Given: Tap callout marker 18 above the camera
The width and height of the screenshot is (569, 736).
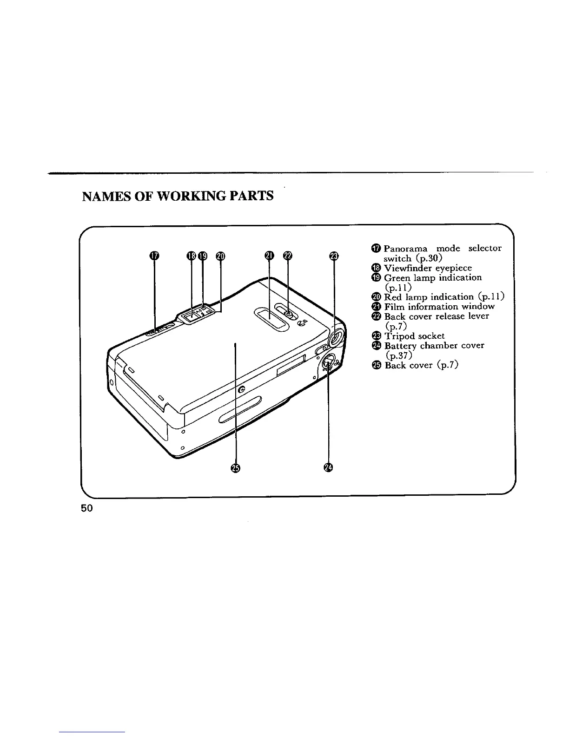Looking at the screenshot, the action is point(191,256).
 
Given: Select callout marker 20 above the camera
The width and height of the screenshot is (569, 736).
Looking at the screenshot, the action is point(220,256).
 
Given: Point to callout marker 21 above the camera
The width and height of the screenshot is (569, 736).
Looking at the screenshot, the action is point(269,256).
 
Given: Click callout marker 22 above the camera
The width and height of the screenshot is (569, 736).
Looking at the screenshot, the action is point(288,256).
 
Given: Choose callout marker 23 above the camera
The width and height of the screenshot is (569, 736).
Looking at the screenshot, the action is point(334,256).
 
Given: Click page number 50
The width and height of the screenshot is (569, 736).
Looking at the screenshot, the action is point(87,508).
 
